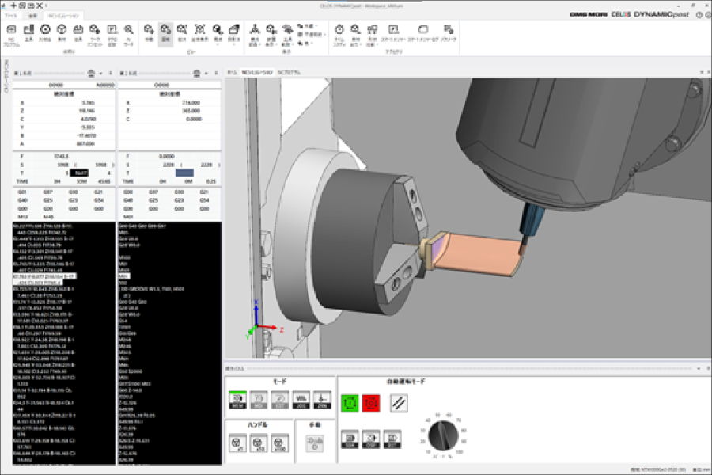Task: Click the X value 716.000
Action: tap(189, 103)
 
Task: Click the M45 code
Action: tap(48, 216)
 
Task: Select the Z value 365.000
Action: tap(189, 111)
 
